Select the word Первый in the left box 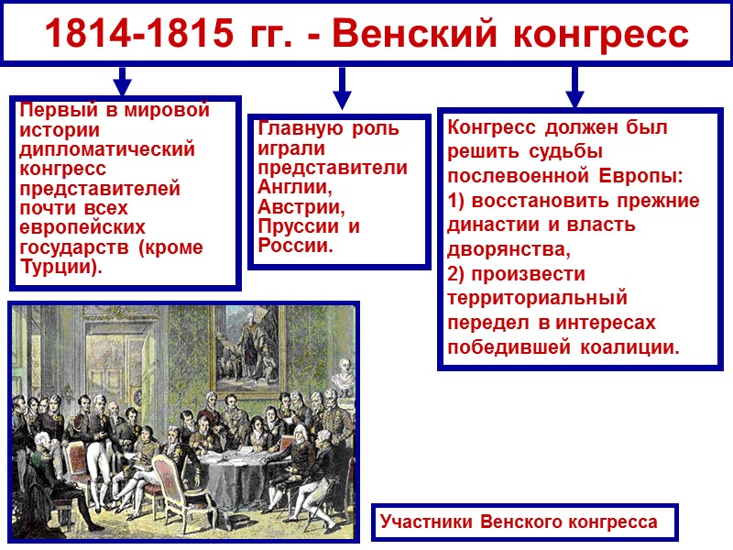tap(51, 110)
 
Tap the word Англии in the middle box tap(291, 187)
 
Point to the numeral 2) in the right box tap(458, 274)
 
